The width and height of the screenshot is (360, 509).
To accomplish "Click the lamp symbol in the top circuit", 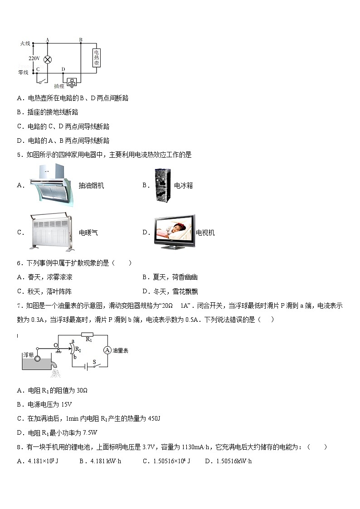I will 47,59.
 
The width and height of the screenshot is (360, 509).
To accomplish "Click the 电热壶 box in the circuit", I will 96,58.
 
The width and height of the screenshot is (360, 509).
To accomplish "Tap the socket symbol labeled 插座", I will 72,82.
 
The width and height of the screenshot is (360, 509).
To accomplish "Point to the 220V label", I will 34,58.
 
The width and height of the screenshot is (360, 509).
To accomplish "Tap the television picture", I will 174,232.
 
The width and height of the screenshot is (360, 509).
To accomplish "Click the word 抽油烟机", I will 91,185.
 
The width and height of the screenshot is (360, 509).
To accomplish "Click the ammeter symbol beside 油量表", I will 107,350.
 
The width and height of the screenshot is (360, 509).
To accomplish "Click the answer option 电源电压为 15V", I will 50,404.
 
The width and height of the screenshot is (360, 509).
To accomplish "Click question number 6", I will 19,263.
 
